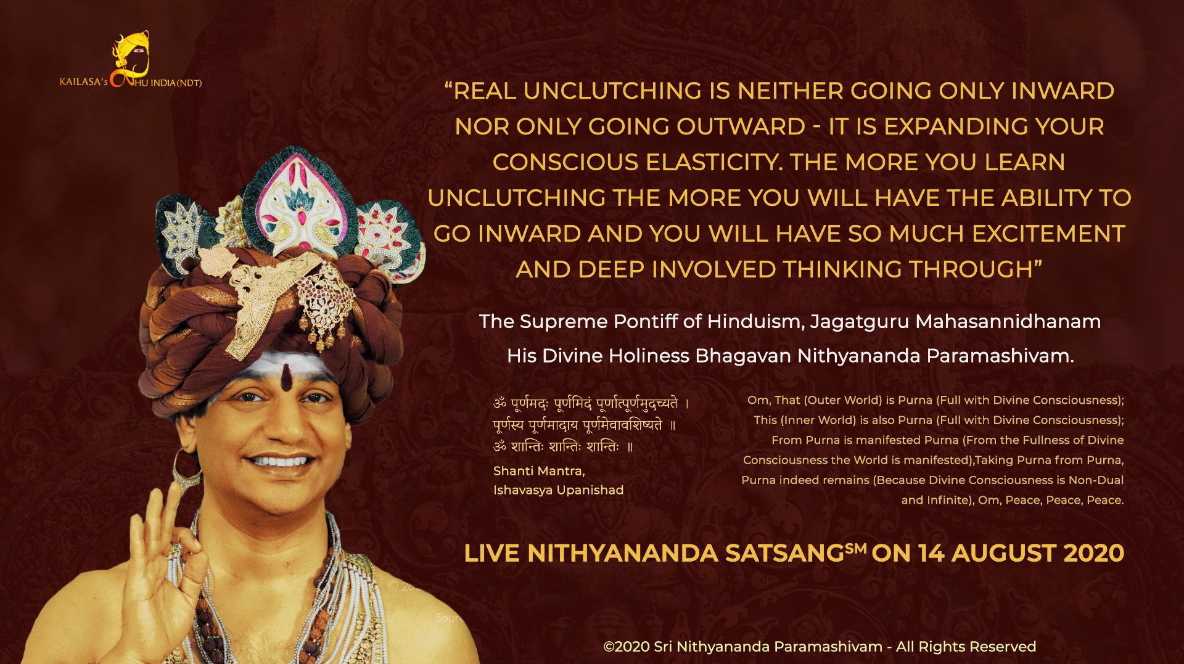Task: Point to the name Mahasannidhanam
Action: [1008, 321]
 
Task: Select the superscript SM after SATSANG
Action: [856, 548]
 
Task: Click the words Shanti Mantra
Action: [539, 471]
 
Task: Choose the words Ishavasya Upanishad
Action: [559, 490]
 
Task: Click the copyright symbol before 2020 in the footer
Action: [609, 647]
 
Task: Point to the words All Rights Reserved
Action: [966, 646]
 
